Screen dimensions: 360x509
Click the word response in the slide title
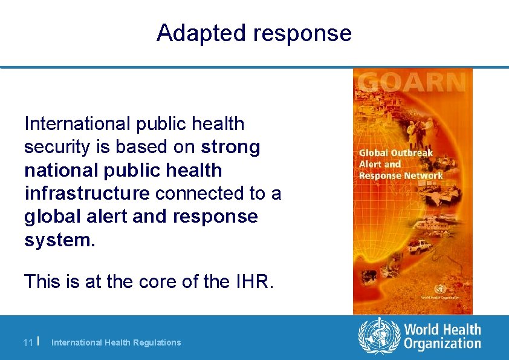click(302, 34)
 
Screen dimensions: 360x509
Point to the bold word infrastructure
click(87, 194)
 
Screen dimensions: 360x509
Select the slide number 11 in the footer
click(27, 342)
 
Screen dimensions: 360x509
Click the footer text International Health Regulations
click(116, 342)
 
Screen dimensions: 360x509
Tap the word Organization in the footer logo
click(443, 344)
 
